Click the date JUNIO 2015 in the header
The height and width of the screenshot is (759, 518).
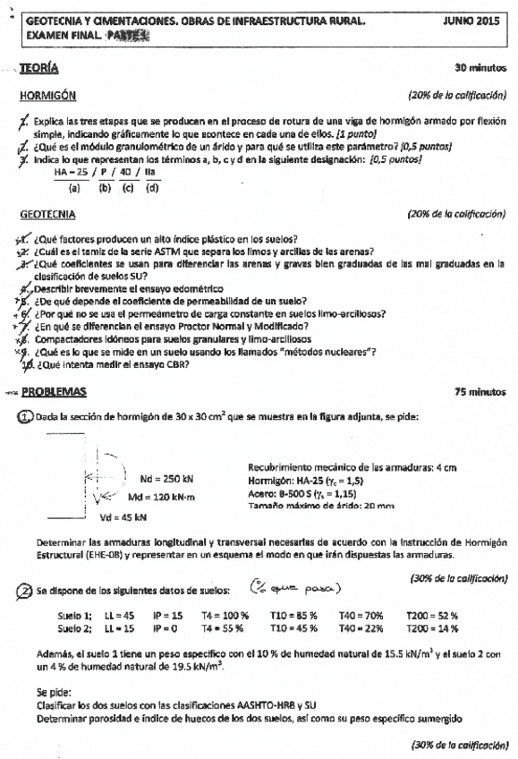click(x=476, y=19)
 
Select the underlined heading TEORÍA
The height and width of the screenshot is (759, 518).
click(x=46, y=68)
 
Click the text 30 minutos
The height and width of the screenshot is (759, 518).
click(x=480, y=68)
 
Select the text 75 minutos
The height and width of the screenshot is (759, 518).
click(x=480, y=392)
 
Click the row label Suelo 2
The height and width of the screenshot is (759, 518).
click(x=75, y=630)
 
